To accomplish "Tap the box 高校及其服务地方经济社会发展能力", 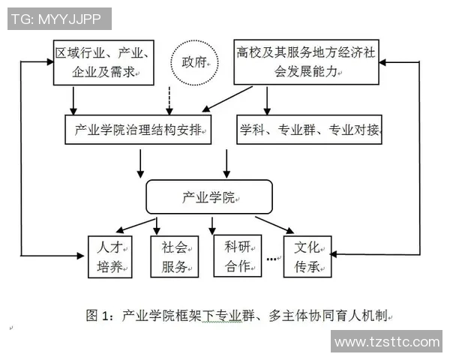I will (x=308, y=62).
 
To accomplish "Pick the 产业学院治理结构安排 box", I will (x=138, y=130).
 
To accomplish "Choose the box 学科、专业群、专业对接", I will (x=309, y=130).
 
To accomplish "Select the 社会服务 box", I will (x=175, y=256).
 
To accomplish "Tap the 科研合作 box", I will (x=236, y=256).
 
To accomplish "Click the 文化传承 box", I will (x=307, y=256).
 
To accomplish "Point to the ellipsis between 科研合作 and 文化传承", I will (x=272, y=260).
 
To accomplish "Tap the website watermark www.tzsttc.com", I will (x=385, y=342).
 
